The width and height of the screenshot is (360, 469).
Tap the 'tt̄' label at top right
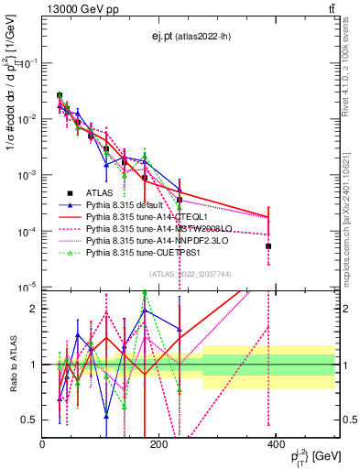tap(329, 8)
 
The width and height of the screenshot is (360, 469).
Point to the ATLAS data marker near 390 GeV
tap(268, 246)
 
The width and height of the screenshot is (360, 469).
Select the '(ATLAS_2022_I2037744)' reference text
tap(191, 273)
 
